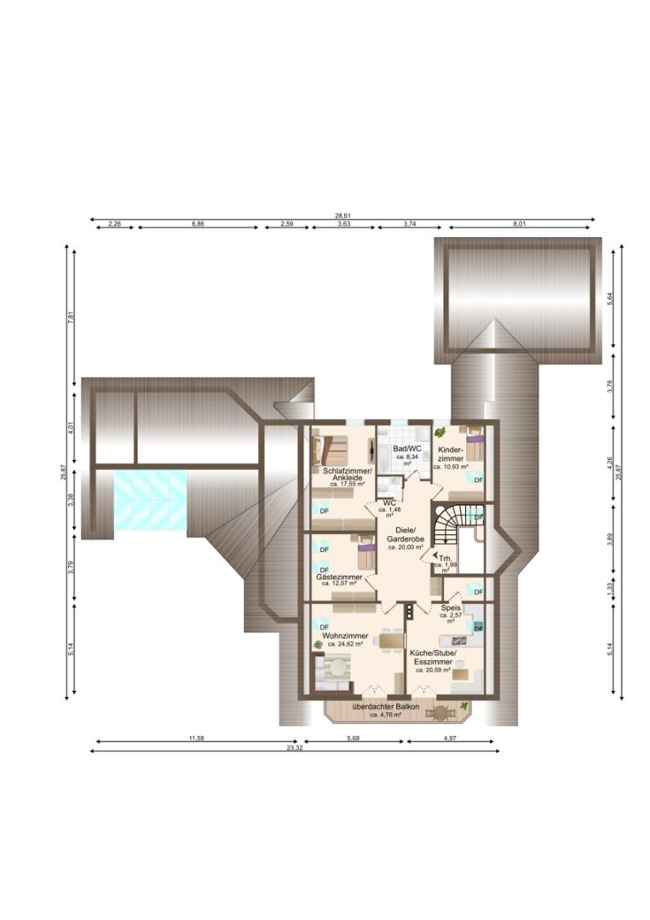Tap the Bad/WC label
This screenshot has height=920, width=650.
point(406,448)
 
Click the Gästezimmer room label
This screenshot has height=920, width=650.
point(339,577)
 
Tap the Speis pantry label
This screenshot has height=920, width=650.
point(450,608)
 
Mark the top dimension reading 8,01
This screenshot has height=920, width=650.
point(520,223)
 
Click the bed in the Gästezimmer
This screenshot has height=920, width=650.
point(365,554)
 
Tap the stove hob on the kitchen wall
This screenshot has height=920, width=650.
point(408,610)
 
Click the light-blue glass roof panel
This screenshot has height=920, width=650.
point(150,500)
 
